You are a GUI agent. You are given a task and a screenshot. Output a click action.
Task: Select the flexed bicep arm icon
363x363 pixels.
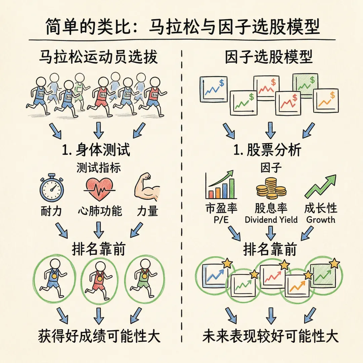coord(147,187)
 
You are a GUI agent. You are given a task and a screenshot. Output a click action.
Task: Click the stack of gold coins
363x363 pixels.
coord(271,189)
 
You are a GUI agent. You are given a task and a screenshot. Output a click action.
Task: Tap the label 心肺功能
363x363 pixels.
coord(100,211)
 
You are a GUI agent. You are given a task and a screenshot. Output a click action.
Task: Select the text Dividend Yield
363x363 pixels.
coord(271,220)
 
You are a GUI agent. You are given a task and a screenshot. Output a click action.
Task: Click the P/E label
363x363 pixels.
coord(221,220)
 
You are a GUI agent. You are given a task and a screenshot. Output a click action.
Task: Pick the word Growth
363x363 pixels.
coord(321,220)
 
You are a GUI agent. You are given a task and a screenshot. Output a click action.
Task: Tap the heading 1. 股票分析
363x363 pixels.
coord(268,150)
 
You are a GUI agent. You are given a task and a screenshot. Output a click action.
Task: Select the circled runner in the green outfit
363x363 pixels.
coord(144,277)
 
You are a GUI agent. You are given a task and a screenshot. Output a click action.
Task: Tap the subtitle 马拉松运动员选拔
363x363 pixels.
coord(98,57)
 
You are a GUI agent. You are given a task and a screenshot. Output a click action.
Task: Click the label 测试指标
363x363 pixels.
coord(98,168)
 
